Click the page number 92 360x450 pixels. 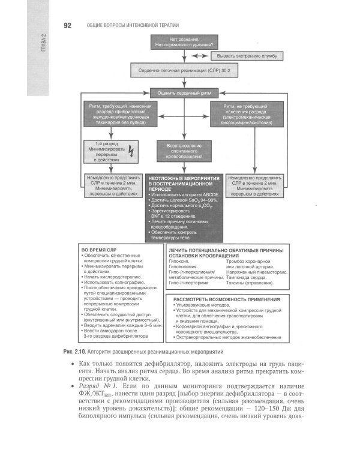(x=68, y=25)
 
